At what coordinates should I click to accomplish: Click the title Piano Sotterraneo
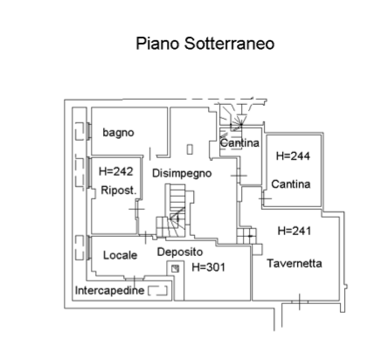coord(205,44)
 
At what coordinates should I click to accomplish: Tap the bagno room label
coord(118,133)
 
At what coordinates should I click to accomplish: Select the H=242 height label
coord(116,171)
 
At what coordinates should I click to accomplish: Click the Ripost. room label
coord(119,190)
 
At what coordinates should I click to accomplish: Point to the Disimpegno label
coord(182,173)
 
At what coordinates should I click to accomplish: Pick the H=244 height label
coord(293,156)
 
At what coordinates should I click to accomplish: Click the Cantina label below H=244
coord(291,184)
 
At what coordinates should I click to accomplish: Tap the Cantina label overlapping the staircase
coord(239,142)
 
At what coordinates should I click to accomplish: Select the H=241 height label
coord(294,231)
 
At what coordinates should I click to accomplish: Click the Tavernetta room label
coord(294,263)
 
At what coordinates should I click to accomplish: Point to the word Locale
coord(120,255)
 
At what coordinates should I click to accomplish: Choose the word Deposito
coord(180,252)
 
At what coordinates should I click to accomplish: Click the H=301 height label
coord(208,267)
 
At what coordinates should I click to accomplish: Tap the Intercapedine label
coord(109,290)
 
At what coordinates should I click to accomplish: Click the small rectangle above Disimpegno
coord(190,149)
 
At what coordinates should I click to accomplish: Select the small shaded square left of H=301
coord(175,268)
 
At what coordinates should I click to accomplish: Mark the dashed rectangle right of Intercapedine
coord(157,291)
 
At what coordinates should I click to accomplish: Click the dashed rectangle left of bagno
coord(80,131)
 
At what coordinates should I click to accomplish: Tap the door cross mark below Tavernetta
coord(300,302)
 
